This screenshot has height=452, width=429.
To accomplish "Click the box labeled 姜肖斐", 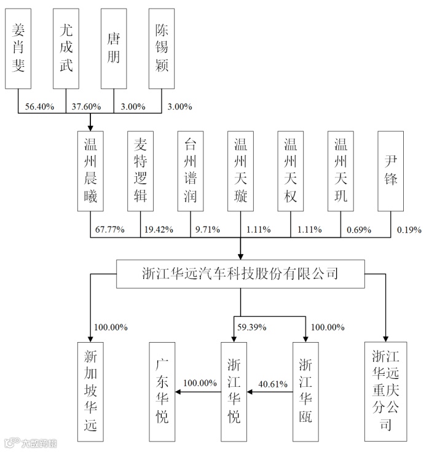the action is coord(19,47).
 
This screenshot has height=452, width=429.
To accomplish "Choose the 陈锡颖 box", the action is coord(162,47).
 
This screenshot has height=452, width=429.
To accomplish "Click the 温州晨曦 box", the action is coord(91,170).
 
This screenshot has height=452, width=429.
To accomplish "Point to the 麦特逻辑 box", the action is coord(141,170).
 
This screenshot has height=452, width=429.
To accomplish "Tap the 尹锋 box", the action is coord(391,170).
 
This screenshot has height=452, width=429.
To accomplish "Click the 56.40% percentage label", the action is coord(39,107).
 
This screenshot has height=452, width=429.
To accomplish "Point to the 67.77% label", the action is coord(110,230).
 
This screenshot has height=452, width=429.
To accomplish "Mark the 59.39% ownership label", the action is coord(251,327).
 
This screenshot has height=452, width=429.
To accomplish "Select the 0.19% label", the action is coord(409,230).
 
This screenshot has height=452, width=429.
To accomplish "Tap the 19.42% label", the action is coord(158,230).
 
